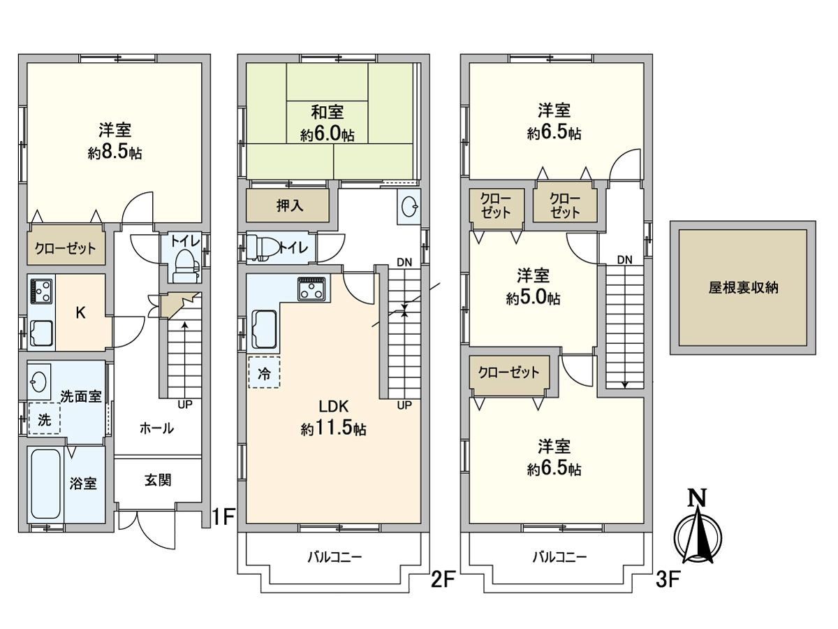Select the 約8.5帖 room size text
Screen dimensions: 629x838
point(115,153)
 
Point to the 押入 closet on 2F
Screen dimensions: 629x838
point(287,207)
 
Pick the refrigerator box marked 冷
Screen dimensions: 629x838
point(264,373)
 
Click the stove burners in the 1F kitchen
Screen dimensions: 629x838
point(41,291)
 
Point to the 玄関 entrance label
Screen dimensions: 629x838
point(159,481)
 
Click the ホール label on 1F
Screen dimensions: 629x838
point(156,428)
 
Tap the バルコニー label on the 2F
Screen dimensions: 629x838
point(335,557)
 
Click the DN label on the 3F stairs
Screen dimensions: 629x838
point(624,260)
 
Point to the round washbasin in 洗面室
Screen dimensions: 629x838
point(39,382)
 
